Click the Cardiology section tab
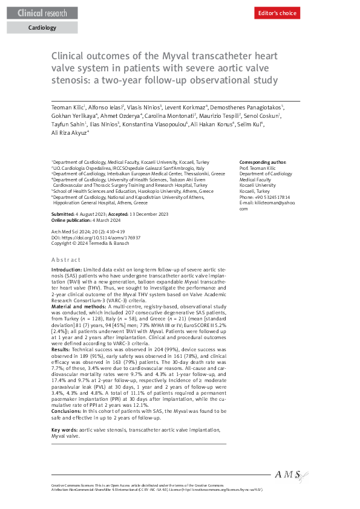coord(42,27)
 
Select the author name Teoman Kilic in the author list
coord(67,107)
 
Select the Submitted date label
coord(63,215)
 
